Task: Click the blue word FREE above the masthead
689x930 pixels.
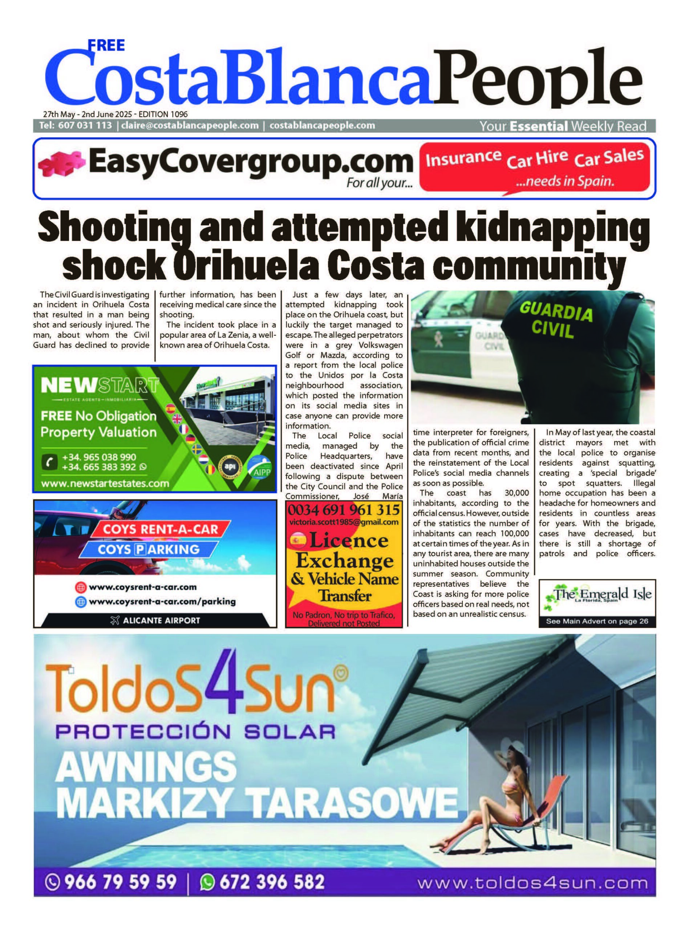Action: (x=106, y=45)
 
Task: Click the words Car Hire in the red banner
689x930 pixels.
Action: (x=537, y=159)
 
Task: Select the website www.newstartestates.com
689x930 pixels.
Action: (x=105, y=484)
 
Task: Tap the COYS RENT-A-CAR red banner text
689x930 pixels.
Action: (x=161, y=530)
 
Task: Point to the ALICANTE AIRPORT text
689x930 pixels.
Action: (x=161, y=620)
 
